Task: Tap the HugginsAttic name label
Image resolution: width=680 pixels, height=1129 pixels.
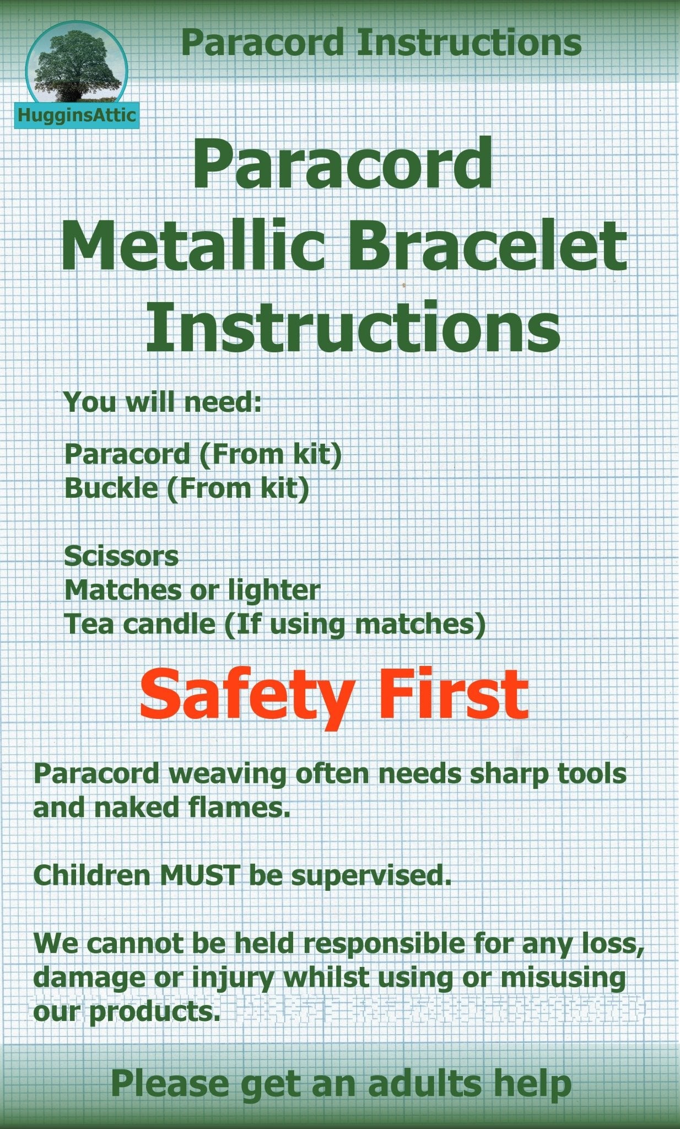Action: point(77,115)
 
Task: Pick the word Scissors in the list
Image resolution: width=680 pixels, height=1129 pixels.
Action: point(121,556)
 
